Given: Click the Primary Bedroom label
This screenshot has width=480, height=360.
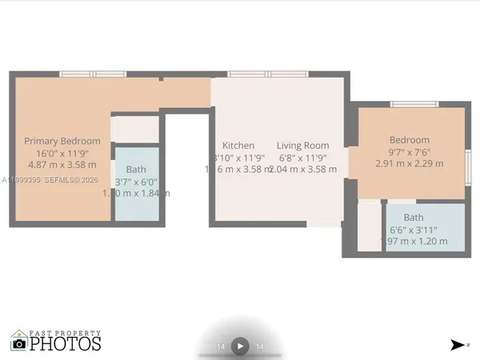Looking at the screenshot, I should click(62, 141).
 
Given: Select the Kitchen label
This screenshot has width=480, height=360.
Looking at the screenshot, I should click(238, 146).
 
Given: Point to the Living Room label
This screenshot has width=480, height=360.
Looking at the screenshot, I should click(303, 146).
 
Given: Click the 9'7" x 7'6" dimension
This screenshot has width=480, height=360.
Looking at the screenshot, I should click(410, 152).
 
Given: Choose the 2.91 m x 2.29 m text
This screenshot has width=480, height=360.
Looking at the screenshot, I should click(410, 164).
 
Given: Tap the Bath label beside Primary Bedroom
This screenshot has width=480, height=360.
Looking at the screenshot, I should click(136, 169).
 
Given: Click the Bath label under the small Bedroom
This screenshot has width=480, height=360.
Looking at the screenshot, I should click(414, 217).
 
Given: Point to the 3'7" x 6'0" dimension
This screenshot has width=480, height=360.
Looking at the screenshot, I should click(137, 182).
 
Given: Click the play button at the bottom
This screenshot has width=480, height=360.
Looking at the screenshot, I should click(240, 346).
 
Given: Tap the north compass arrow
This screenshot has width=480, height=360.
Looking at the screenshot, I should click(457, 345).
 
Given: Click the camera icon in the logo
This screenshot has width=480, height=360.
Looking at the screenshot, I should click(19, 344).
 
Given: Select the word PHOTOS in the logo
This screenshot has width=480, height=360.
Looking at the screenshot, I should click(66, 344).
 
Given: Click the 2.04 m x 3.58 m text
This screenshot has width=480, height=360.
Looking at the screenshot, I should click(303, 170).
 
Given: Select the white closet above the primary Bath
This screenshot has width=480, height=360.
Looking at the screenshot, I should click(136, 130).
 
